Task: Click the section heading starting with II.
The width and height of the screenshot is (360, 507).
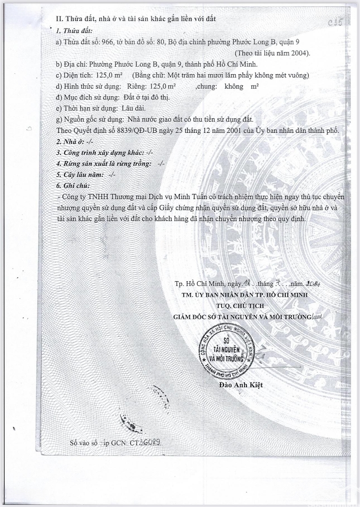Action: pos(136,18)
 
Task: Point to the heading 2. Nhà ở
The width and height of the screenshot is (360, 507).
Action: pos(71,141)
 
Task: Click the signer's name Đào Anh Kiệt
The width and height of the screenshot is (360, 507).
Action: pos(241,385)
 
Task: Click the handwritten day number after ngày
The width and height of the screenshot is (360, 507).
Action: pos(247,284)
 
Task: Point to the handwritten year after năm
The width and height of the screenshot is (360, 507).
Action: pos(313,284)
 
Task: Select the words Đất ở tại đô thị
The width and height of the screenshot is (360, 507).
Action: pos(146,98)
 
